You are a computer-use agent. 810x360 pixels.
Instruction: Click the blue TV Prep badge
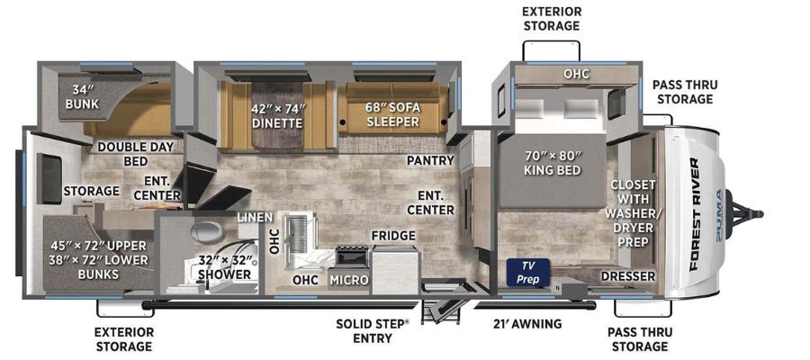(528, 272)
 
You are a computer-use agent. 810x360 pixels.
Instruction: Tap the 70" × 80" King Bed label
(553, 162)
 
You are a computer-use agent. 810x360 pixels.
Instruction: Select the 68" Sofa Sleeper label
(393, 114)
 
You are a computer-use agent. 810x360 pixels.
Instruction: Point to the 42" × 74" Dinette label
(278, 116)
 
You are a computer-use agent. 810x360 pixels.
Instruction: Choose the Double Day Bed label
(135, 154)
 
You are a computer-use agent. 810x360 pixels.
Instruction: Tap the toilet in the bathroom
(207, 231)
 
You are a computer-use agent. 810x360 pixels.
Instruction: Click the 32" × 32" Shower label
(224, 266)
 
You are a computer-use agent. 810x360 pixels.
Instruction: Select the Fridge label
(393, 236)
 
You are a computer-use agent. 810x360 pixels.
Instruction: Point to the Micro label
(348, 280)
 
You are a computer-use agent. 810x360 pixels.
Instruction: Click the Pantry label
(430, 160)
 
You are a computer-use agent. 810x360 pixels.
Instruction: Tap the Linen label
(255, 218)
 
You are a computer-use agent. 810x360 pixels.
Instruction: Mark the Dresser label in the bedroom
(627, 276)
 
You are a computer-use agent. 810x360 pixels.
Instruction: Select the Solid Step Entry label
(372, 331)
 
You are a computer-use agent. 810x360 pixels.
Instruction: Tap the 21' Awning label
(526, 324)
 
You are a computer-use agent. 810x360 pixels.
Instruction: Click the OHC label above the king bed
(577, 74)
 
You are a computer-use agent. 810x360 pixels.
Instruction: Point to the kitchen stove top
(352, 256)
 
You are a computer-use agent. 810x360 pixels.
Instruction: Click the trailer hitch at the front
(744, 213)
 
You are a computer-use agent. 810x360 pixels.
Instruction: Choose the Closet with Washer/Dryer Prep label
(633, 212)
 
